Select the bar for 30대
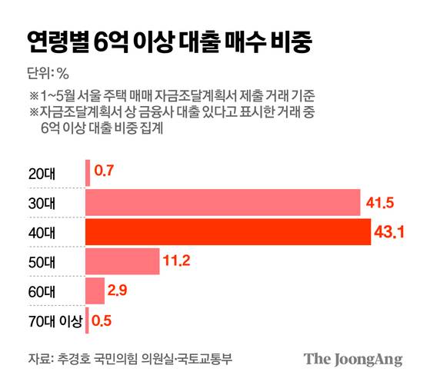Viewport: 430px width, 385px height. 222,203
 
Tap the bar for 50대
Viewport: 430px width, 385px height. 122,261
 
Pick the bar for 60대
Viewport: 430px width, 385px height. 95,290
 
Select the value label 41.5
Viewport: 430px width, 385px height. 379,203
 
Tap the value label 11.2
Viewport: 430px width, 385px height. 176,261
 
